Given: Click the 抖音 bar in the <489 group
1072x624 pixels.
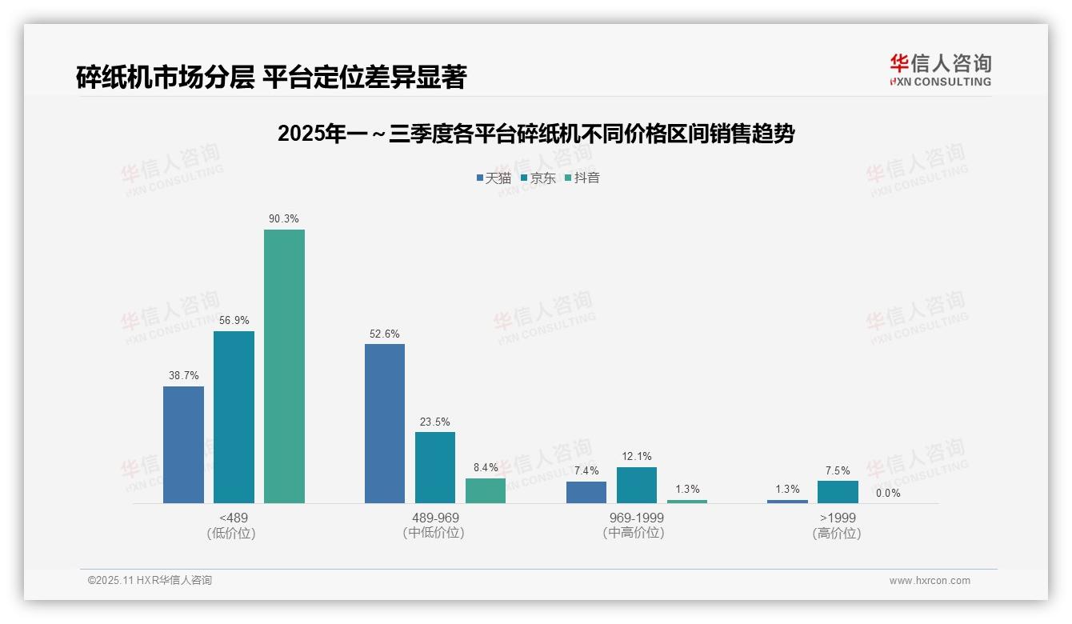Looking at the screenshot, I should (x=284, y=366).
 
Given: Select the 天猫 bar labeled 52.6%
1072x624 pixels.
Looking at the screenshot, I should (x=385, y=423).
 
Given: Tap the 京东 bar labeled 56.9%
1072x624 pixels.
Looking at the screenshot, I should (x=234, y=417).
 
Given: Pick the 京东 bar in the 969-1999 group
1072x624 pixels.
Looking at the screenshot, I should (x=637, y=485).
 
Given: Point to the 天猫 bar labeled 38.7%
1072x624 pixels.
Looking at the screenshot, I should (x=183, y=445).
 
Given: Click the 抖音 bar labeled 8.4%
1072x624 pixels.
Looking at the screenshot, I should (x=486, y=490).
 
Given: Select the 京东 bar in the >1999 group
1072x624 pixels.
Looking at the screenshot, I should (x=838, y=492).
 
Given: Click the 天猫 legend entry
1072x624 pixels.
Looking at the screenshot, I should (x=494, y=178).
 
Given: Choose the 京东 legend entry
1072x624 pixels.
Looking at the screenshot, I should (x=538, y=178).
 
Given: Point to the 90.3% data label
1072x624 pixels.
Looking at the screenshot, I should (x=284, y=218).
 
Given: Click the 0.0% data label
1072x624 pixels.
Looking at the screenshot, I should (x=888, y=493).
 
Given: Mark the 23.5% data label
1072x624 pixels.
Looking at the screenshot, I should (x=435, y=422).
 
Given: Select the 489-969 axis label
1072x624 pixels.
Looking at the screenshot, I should (x=435, y=518).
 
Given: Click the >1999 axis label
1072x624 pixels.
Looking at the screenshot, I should (x=837, y=518).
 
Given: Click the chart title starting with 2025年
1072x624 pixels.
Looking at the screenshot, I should (x=535, y=134).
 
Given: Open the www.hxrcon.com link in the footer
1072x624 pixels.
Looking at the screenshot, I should (x=930, y=580).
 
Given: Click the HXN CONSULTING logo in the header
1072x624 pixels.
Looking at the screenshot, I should (x=940, y=70).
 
